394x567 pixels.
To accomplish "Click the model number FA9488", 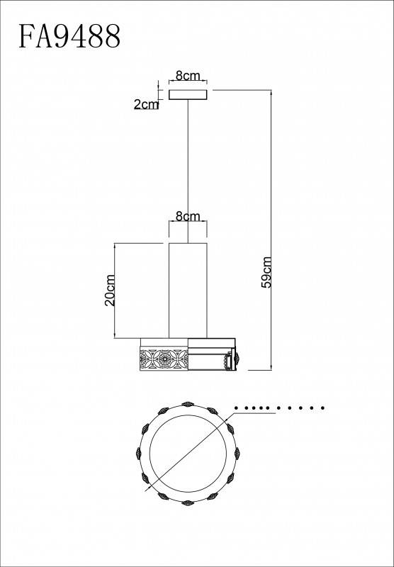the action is pyautogui.click(x=69, y=36).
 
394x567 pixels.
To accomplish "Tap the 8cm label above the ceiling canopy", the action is pyautogui.click(x=188, y=76).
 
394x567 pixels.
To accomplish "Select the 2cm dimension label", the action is pyautogui.click(x=146, y=104).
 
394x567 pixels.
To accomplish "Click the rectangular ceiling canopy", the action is pyautogui.click(x=188, y=94).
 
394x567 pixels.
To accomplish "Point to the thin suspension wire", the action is pyautogui.click(x=188, y=171).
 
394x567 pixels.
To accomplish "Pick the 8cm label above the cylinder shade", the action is pyautogui.click(x=188, y=216).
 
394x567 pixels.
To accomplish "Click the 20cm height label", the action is pyautogui.click(x=110, y=291).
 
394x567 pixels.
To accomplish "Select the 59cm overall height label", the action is pyautogui.click(x=266, y=272).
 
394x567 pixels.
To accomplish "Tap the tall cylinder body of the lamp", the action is pyautogui.click(x=188, y=291).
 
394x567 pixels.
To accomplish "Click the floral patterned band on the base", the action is pyautogui.click(x=164, y=358).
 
